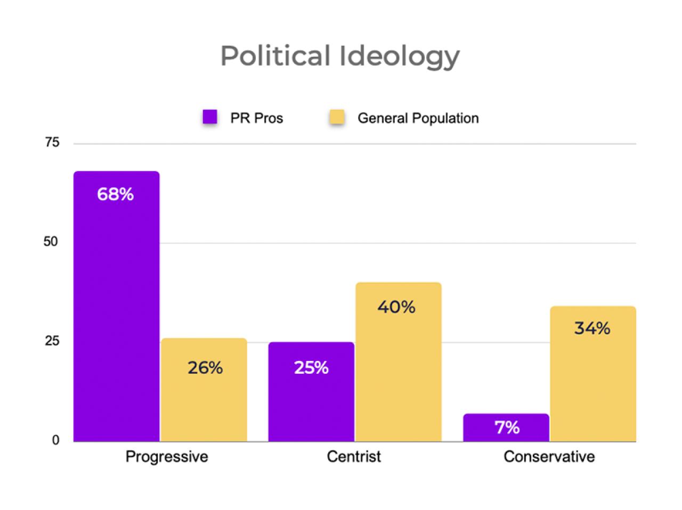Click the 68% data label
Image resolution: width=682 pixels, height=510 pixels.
pos(115,194)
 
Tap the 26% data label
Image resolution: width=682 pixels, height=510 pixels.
pos(205,367)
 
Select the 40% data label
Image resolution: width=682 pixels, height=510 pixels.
pos(396,307)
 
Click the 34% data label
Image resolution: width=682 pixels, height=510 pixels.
pos(592,328)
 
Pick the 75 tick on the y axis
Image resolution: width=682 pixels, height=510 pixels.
pos(52,143)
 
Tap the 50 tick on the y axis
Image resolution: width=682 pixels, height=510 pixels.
pos(51,242)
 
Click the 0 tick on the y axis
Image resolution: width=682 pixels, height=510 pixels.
pos(55,441)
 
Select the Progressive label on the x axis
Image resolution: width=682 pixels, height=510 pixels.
pos(167,457)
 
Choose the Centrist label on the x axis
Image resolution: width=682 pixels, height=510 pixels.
pos(354,457)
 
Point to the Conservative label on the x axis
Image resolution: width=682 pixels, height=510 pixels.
pos(549,457)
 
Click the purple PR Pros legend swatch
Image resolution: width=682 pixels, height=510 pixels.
pos(210,117)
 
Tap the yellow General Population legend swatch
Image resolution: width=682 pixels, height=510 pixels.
pos(337,117)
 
